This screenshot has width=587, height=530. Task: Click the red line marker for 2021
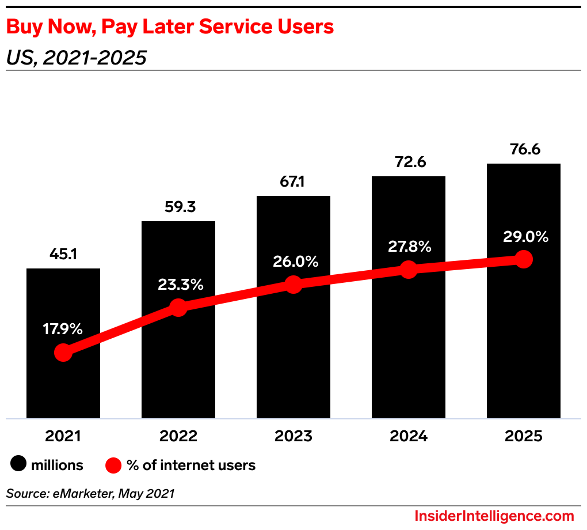pos(63,353)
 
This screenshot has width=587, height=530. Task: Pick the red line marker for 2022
pos(178,308)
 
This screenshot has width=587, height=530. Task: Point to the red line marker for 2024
pos(409,269)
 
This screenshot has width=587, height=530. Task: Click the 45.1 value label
pos(63,254)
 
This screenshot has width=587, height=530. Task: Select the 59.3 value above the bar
pos(178,207)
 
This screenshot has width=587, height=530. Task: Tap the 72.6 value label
pos(409,162)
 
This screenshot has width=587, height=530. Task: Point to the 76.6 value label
pos(524,149)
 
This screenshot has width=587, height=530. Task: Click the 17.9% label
pos(63,330)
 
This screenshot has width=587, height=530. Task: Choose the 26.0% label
pos(293,262)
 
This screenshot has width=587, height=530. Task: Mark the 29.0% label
pos(524,237)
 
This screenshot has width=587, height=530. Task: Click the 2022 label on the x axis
pos(178,436)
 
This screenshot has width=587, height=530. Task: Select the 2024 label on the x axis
pos(409,436)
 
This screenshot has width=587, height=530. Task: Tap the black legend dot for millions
pos(19,464)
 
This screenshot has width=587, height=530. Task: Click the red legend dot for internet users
pos(114,464)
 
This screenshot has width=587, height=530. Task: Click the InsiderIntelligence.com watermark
pos(494,516)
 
